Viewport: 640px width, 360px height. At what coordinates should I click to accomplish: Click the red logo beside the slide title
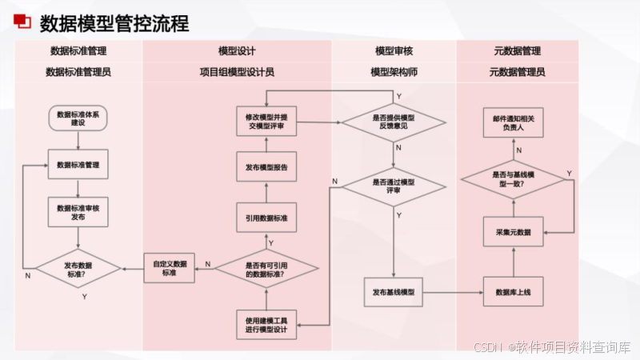22,22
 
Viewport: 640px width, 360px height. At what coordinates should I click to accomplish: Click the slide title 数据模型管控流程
114,23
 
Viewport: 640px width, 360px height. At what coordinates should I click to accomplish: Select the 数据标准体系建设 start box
78,119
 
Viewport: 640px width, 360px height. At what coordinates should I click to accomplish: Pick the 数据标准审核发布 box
78,212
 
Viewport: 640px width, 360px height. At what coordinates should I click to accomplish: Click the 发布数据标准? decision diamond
78,269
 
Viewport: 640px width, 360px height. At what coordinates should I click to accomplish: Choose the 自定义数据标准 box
169,268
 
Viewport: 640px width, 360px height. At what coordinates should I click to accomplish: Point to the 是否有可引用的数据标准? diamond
267,269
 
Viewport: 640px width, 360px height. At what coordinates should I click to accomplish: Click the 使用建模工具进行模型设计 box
267,324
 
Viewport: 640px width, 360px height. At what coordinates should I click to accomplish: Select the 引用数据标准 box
267,218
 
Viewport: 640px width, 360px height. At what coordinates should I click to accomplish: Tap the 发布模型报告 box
267,168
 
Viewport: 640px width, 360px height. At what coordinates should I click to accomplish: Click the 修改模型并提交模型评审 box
267,122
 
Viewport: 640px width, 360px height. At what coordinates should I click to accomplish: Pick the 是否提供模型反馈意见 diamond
394,122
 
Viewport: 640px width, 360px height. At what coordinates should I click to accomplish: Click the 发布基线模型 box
394,292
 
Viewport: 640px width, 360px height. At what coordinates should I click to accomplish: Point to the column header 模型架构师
394,72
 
